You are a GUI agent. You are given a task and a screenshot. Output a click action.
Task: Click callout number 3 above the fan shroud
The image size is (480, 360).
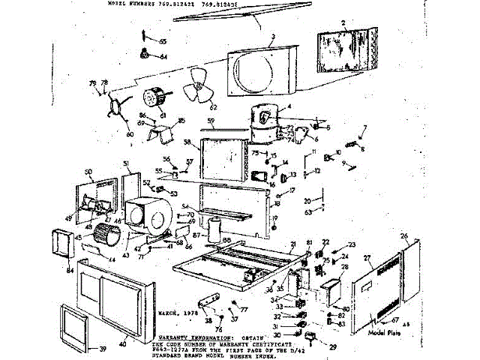tap(273, 36)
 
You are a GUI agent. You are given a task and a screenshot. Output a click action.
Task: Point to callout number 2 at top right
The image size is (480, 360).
tap(343, 24)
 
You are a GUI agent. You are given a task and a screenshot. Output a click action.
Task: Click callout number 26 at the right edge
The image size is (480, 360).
tap(404, 236)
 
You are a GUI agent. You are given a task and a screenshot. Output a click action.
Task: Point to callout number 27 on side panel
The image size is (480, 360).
tap(367, 258)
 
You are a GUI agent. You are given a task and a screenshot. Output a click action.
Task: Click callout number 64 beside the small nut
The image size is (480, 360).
tap(163, 57)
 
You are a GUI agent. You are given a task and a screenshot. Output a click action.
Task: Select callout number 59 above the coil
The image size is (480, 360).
tap(211, 121)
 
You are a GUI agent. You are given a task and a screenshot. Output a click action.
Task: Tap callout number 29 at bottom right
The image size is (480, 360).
tap(333, 348)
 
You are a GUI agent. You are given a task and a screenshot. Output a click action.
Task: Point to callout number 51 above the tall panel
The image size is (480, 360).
tap(127, 163)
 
